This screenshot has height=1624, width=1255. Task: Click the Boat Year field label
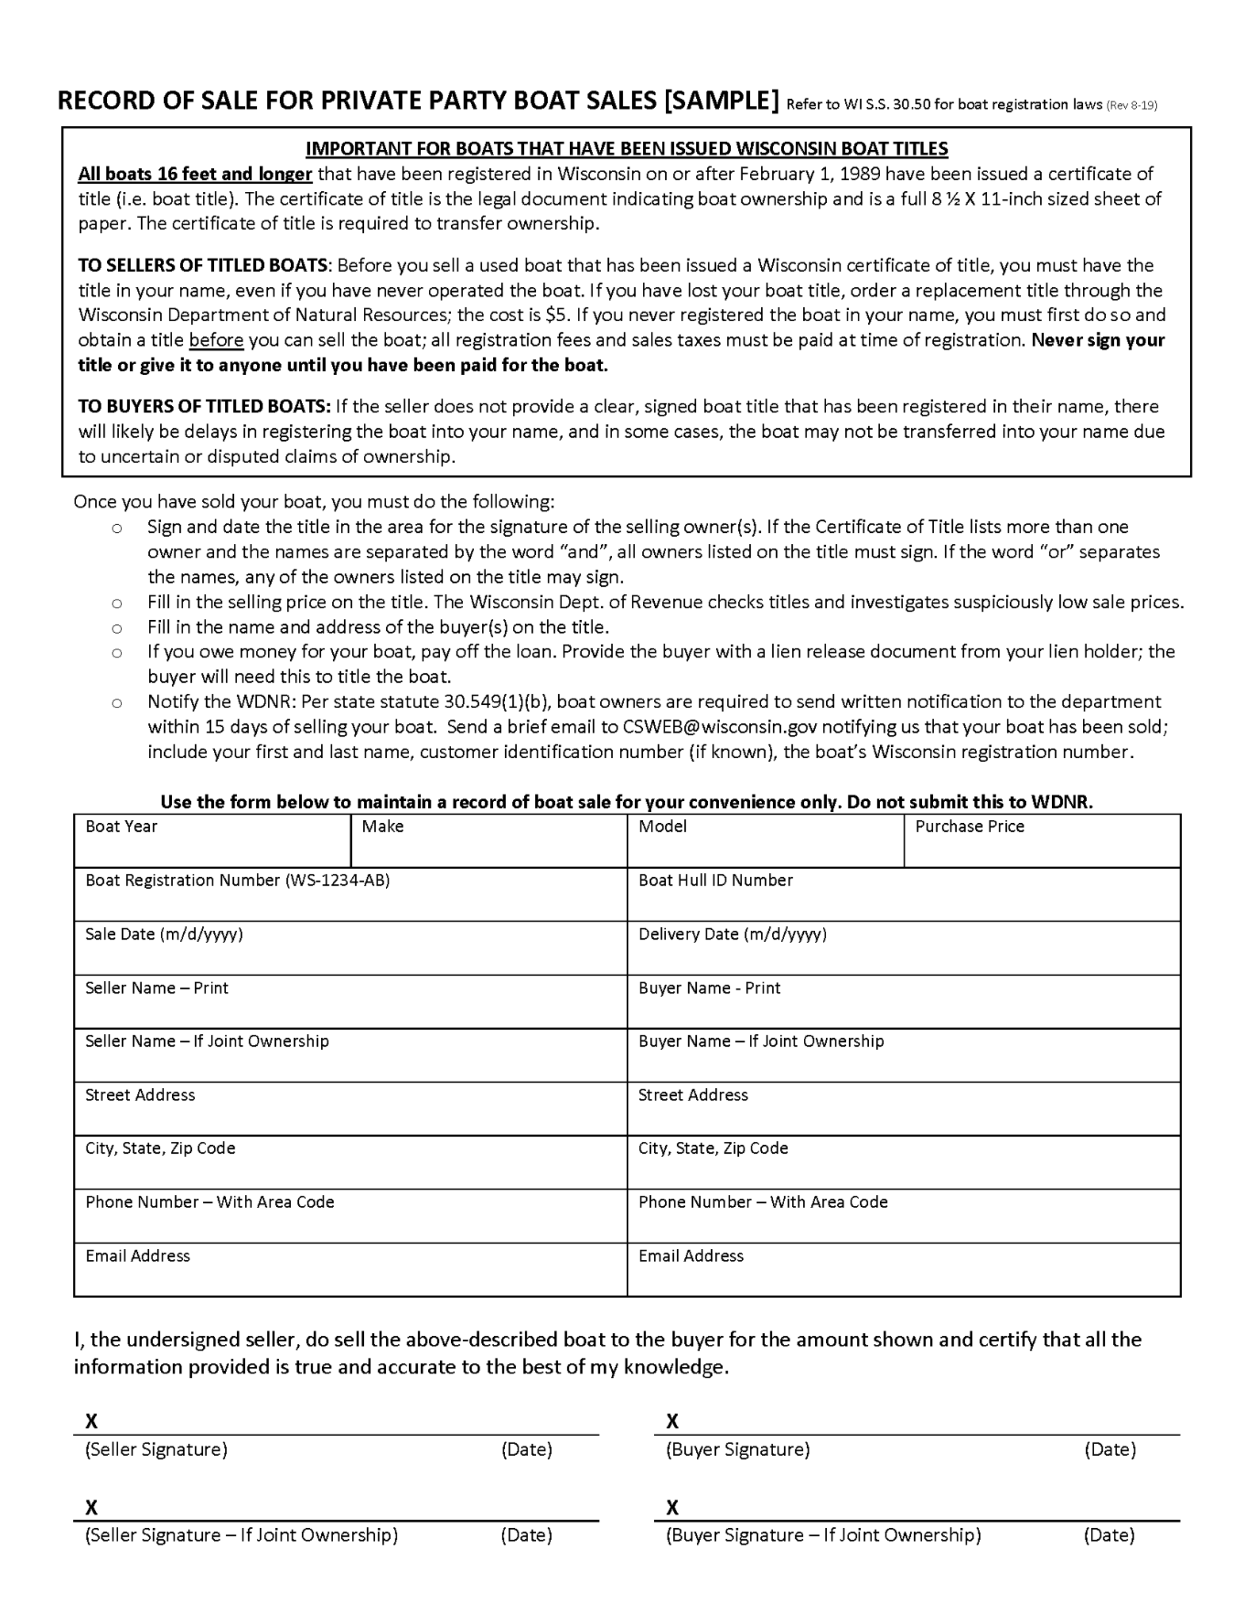(x=121, y=826)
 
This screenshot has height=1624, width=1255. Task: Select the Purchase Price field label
(x=969, y=826)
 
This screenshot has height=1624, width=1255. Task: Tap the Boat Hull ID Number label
(x=715, y=880)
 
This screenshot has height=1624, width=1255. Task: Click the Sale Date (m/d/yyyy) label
(x=164, y=934)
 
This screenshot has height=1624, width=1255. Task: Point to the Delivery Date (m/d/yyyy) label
(x=732, y=934)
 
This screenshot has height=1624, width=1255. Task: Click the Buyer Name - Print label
(x=709, y=988)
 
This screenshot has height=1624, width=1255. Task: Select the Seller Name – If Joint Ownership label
(x=207, y=1041)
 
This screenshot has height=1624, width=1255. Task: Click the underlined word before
(x=216, y=340)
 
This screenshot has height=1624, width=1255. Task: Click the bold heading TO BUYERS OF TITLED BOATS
(x=204, y=407)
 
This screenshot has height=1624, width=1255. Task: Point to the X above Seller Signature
(x=91, y=1421)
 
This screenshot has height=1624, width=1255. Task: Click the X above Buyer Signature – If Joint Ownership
(x=672, y=1507)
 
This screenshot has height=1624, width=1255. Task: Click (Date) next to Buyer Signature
(x=1109, y=1450)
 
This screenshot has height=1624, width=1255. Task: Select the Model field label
(x=662, y=826)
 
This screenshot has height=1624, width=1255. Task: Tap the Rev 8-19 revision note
(x=1131, y=105)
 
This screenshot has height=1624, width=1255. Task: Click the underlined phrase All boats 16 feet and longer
(x=195, y=174)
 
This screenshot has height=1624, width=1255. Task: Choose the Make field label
(x=382, y=826)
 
